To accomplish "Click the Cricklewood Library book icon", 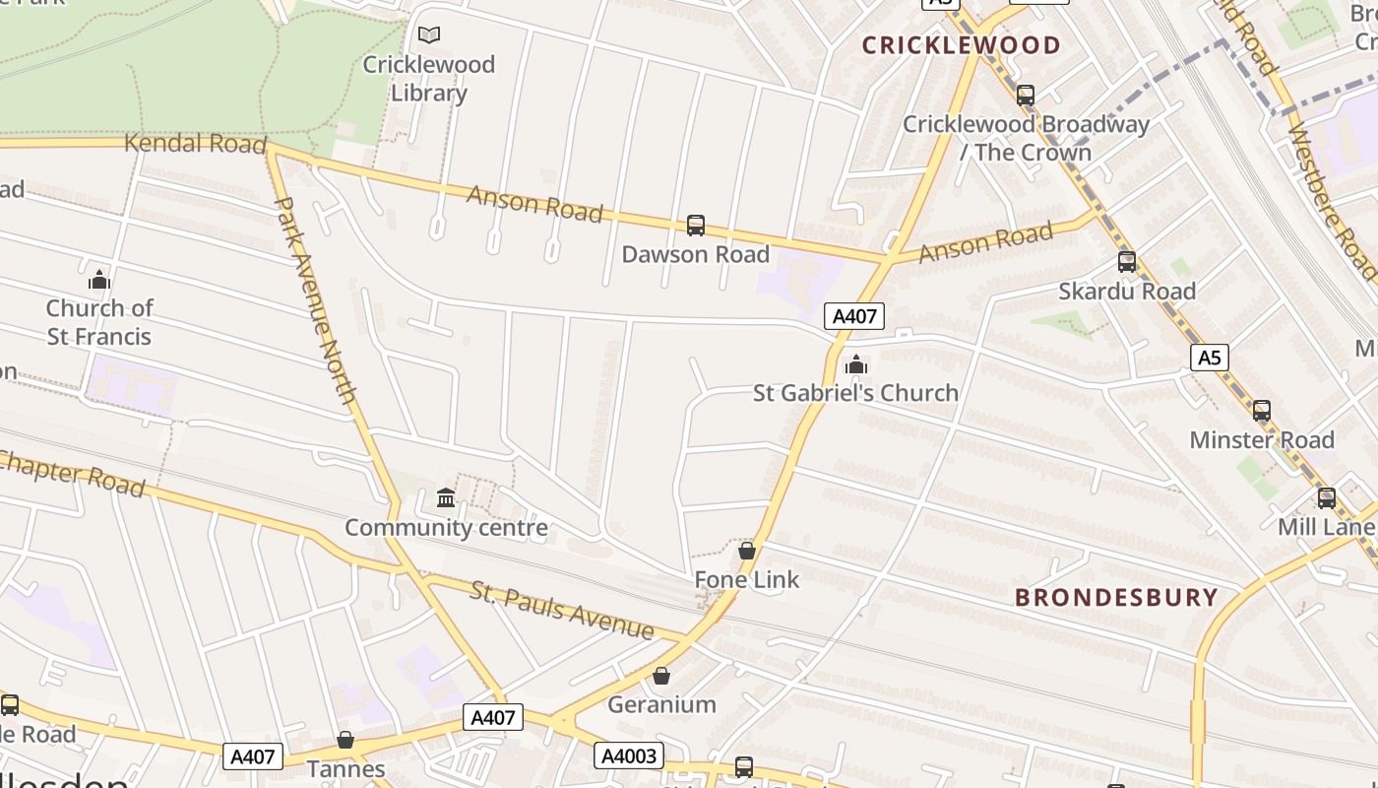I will point(429,35).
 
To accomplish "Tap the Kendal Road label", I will point(195,144).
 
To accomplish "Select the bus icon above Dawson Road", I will point(696,226).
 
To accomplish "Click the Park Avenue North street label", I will point(315,301).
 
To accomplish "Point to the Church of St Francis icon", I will point(98,281).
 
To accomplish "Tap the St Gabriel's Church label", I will point(855,393).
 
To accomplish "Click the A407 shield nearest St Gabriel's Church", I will point(853,316).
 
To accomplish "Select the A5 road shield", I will point(1209,357).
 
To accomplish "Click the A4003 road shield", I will point(628,755).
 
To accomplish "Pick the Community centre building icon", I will point(446,497).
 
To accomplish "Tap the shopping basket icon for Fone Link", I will point(747,551).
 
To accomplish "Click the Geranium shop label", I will point(661,704).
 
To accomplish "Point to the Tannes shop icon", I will point(345,740).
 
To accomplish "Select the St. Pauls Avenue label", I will point(561,610).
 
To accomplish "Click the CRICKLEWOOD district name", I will point(961,45).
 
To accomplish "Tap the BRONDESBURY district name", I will point(1116,597).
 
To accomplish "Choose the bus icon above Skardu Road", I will point(1127,262).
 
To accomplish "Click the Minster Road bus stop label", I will point(1262,439).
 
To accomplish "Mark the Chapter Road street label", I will point(74,474).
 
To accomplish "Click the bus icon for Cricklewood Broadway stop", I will point(1026,96).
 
